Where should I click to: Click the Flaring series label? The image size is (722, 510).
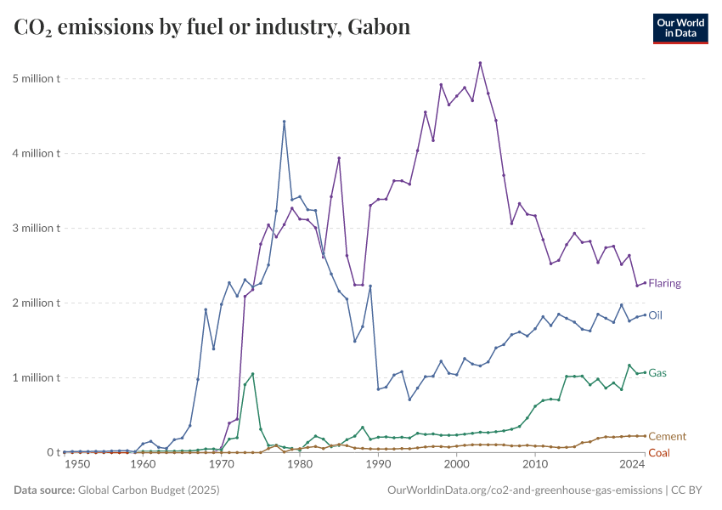(664, 283)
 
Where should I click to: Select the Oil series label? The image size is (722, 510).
(655, 314)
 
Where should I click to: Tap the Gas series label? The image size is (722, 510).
(657, 372)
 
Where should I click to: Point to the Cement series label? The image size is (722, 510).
(667, 436)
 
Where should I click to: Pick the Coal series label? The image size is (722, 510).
(658, 453)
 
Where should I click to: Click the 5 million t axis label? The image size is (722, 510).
(37, 78)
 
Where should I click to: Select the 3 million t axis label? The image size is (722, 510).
(37, 228)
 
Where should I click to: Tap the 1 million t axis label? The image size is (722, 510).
(37, 377)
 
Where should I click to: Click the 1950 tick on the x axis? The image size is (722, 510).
(76, 465)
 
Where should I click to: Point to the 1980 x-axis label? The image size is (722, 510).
(298, 465)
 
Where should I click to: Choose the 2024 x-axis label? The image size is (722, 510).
(632, 465)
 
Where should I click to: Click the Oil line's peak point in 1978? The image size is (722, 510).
(284, 122)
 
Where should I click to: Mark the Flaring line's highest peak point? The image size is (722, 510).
(480, 63)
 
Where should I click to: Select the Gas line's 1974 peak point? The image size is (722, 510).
(252, 374)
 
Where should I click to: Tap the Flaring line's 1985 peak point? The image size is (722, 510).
(339, 158)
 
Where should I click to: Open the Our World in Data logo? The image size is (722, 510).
(680, 28)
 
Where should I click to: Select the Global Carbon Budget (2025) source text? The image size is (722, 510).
(150, 490)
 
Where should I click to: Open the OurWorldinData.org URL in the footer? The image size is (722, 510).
(524, 490)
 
